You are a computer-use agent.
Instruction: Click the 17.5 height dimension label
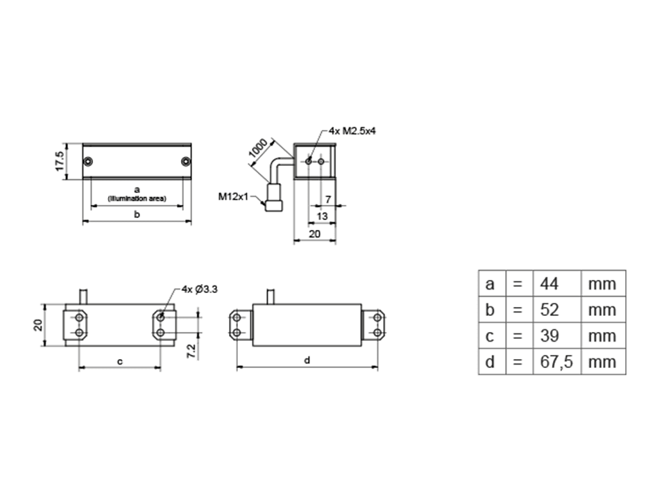coord(60,161)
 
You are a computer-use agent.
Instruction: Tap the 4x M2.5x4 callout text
coord(352,131)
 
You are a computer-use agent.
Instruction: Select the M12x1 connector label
coord(233,197)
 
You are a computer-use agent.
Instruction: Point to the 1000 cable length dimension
coord(258,147)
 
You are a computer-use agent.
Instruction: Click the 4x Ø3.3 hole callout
coord(200,290)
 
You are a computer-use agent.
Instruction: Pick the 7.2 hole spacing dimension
coord(191,351)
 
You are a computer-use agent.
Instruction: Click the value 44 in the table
coord(549,283)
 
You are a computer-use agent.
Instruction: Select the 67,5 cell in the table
coord(556,362)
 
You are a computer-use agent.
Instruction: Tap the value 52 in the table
coord(549,310)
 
